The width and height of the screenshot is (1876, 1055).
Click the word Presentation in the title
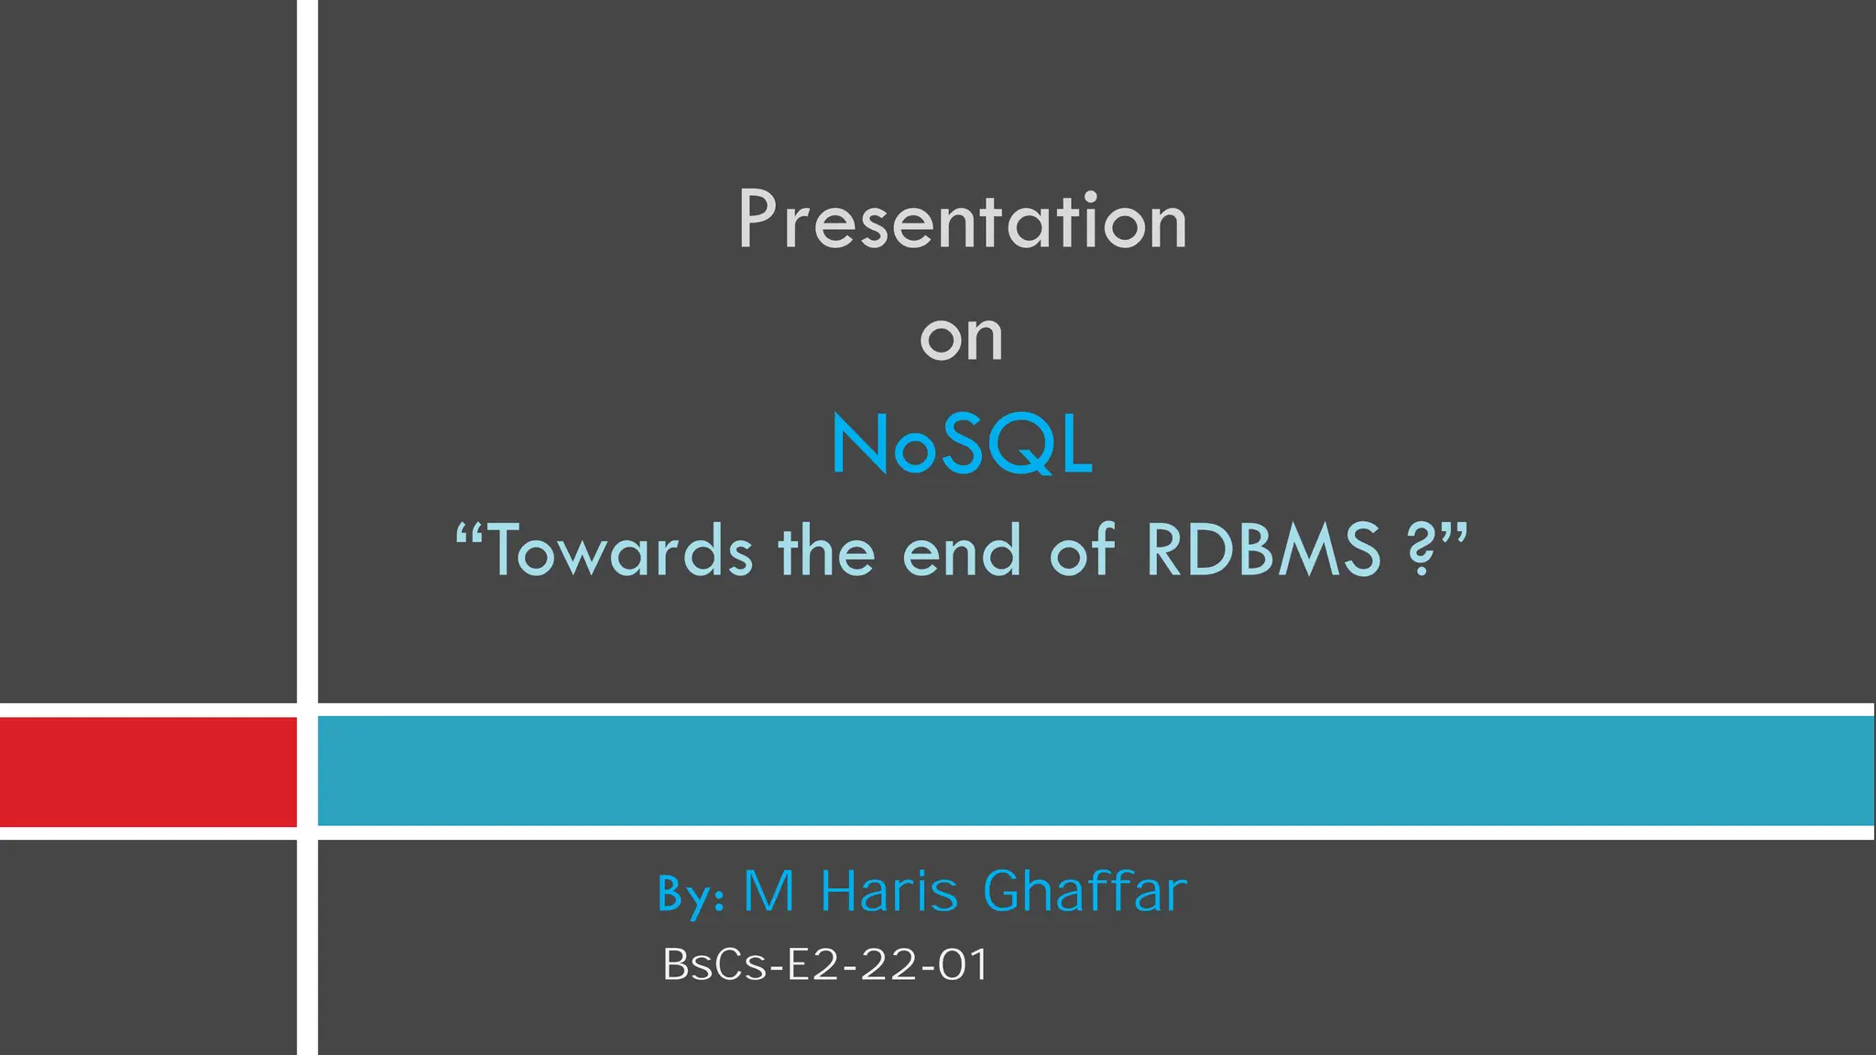(962, 221)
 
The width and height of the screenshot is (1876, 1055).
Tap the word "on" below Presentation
(962, 338)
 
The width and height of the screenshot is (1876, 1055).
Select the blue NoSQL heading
(962, 445)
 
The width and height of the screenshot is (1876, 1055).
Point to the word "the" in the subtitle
(826, 551)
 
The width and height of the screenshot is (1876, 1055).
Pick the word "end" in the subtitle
(961, 551)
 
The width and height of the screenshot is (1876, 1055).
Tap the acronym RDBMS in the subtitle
(1262, 550)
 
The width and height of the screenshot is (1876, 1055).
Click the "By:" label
(692, 893)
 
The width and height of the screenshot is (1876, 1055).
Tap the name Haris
(889, 891)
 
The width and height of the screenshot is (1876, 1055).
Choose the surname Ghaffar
(1085, 891)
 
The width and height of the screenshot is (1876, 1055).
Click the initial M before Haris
(769, 891)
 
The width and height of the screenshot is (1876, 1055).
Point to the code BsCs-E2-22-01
(825, 965)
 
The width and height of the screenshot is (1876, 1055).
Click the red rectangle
(147, 772)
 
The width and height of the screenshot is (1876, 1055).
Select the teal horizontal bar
(1095, 771)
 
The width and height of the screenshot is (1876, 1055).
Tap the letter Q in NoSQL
(1020, 445)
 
